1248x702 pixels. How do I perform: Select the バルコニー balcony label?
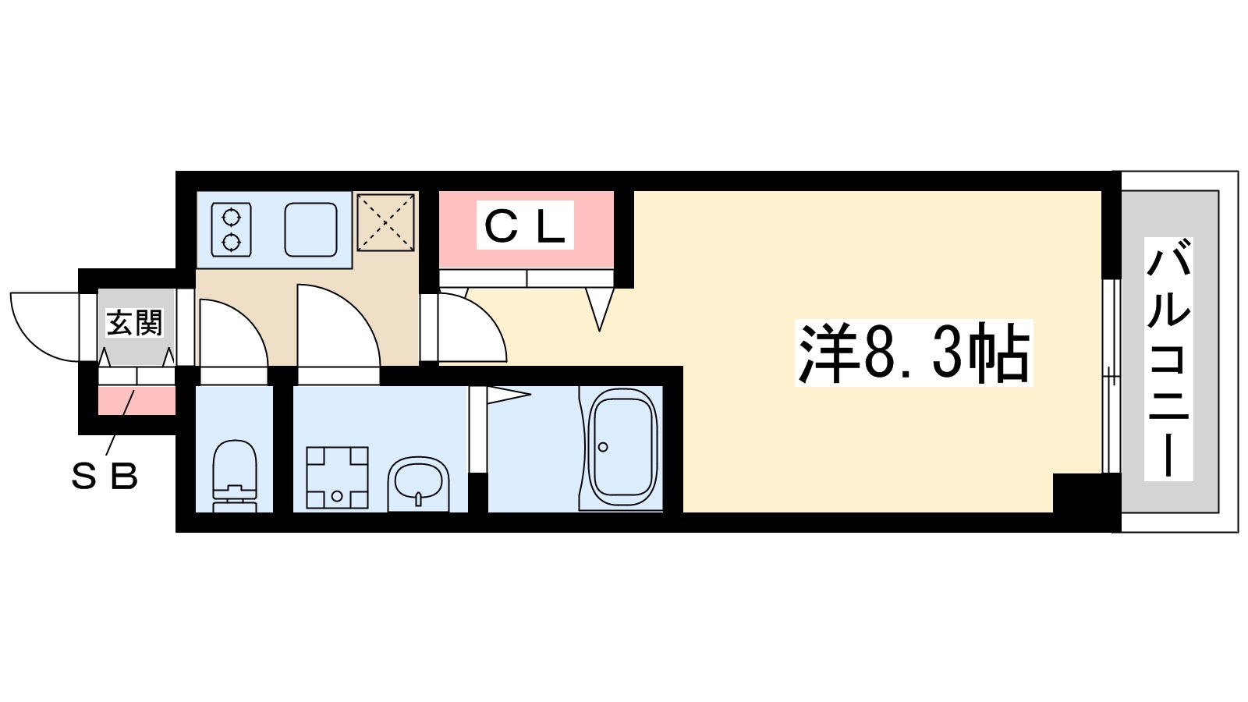[x=1168, y=359]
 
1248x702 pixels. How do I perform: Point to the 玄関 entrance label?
[x=135, y=322]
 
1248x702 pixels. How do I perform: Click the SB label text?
[x=105, y=476]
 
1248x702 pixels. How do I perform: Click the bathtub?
[x=622, y=448]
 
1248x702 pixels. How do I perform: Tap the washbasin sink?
[x=419, y=484]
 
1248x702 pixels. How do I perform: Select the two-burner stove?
[x=232, y=229]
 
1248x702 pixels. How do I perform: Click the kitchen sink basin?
[x=310, y=229]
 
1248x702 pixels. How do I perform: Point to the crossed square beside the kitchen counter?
[x=385, y=222]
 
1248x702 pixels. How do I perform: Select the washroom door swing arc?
[x=337, y=324]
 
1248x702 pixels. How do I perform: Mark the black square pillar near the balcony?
[x=1077, y=492]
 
